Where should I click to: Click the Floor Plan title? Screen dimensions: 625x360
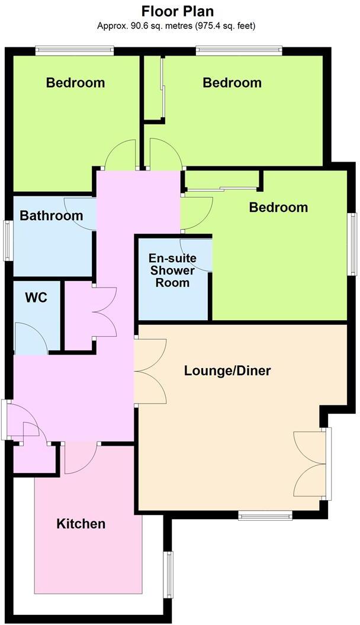[x=177, y=11]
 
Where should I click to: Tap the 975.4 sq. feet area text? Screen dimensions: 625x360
[x=220, y=26]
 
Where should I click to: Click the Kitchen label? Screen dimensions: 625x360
[x=81, y=524]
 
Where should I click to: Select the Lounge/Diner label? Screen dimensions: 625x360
[x=227, y=371]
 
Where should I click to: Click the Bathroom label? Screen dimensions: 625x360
[x=52, y=215]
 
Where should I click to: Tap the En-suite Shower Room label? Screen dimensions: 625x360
[x=172, y=270]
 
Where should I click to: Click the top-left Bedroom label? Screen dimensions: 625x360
[x=75, y=83]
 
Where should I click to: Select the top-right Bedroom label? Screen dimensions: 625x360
[x=232, y=83]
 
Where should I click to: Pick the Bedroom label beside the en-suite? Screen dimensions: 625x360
[x=278, y=208]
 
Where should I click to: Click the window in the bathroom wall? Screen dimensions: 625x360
[x=8, y=239]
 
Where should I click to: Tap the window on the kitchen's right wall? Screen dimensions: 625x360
[x=168, y=574]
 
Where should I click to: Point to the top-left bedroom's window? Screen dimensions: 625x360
[x=74, y=51]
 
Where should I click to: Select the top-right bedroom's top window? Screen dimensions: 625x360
[x=239, y=51]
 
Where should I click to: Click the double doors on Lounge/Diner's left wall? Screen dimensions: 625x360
[x=150, y=371]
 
